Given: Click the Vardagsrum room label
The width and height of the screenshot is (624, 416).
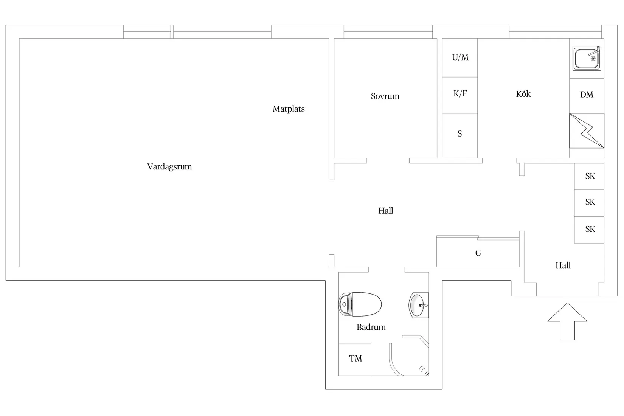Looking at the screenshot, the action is click(x=169, y=167).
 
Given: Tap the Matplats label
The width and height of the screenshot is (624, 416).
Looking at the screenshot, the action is click(x=289, y=109).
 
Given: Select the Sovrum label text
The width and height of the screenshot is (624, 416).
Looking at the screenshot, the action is click(x=385, y=96).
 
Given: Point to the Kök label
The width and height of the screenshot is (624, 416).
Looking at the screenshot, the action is click(x=523, y=94).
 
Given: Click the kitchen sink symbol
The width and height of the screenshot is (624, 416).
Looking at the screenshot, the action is click(x=587, y=59).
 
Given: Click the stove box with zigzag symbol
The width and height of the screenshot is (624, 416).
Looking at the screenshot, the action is click(x=587, y=131).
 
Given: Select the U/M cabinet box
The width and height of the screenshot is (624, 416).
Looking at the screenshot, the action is click(x=460, y=58).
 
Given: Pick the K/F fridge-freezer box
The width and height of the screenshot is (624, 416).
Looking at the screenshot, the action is click(x=460, y=95).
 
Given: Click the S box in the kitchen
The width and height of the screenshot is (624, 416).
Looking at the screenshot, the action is click(x=460, y=135).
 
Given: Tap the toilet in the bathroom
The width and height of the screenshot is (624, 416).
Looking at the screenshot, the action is click(x=360, y=304).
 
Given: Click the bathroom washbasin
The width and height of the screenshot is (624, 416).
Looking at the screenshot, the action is click(x=419, y=306).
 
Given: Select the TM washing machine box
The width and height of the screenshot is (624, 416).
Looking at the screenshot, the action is click(x=355, y=359).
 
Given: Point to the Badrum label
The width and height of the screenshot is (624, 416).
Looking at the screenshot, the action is click(x=371, y=327).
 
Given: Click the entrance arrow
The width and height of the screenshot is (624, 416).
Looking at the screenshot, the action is click(x=567, y=321).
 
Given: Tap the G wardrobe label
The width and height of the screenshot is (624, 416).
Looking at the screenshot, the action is click(x=478, y=253).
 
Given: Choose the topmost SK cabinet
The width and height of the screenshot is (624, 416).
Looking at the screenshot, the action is click(x=589, y=176).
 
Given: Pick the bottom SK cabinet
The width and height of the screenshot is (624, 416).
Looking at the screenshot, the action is click(x=589, y=230).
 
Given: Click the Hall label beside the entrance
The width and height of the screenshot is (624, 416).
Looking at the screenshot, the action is click(x=563, y=265).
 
